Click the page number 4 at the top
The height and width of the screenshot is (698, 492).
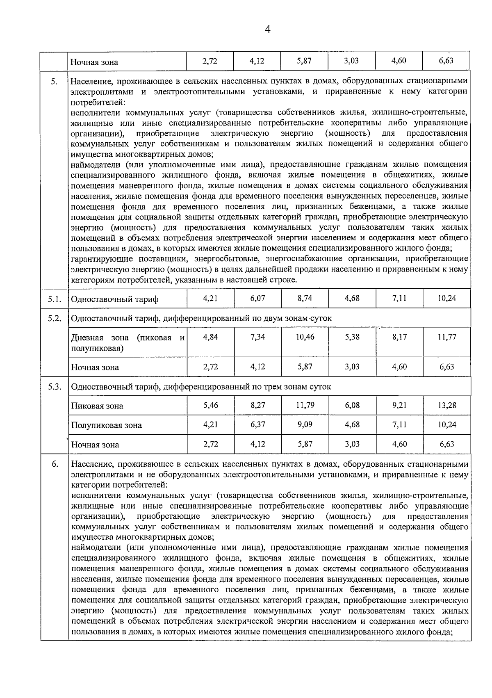267,30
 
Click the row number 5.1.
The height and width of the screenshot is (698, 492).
54,299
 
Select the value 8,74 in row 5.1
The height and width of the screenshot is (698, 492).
305,298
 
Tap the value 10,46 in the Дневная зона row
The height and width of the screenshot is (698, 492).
305,337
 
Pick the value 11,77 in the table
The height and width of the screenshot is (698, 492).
446,337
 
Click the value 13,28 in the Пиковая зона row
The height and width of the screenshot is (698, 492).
446,405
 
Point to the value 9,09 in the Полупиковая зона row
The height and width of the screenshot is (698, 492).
305,424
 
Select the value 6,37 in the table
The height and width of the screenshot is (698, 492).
257,424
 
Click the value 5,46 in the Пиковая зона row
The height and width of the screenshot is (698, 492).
210,405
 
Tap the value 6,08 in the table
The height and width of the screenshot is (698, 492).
352,405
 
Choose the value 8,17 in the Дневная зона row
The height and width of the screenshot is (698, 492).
399,337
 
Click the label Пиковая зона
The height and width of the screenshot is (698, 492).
97,406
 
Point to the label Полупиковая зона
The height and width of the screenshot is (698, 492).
106,425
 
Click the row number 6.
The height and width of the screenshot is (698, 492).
55,464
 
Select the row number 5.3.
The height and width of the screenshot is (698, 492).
54,386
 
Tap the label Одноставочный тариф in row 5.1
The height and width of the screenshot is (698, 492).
114,299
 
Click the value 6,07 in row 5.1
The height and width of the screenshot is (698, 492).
257,298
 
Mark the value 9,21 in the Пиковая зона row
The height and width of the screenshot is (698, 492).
399,405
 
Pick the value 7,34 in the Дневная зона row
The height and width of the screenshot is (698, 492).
257,337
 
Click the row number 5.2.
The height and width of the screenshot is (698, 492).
54,318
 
